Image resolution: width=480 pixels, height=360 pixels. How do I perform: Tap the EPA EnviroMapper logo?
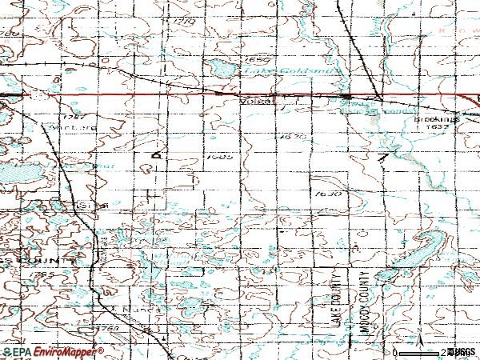[x=53, y=352]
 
